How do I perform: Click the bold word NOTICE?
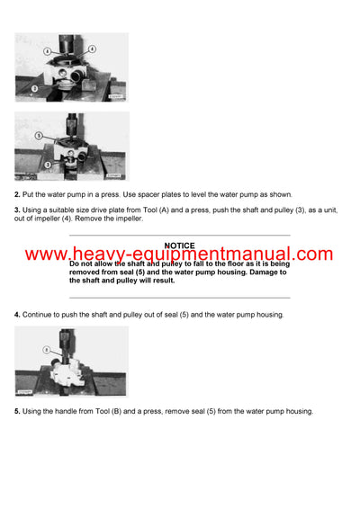click(x=180, y=245)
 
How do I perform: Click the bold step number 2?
click(x=17, y=194)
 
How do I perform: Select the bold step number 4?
click(x=17, y=314)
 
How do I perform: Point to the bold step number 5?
click(x=17, y=411)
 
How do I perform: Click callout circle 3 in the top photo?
click(x=33, y=88)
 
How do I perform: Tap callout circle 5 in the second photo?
click(x=39, y=134)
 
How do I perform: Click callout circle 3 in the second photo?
click(x=37, y=165)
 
